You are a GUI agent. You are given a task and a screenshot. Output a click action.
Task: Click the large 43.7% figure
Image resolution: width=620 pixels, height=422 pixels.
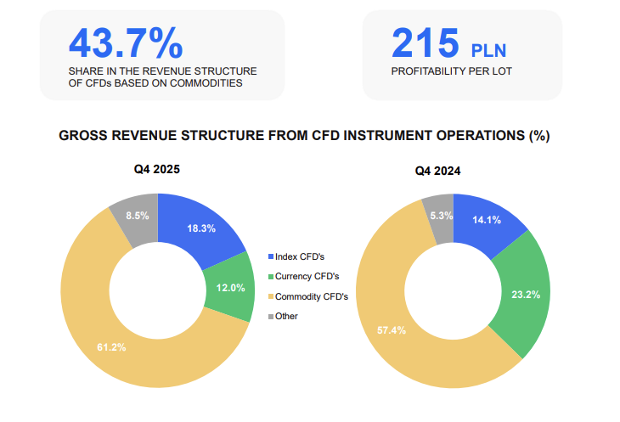[x=126, y=43]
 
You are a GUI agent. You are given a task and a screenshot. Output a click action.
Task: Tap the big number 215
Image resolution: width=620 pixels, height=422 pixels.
[x=425, y=42]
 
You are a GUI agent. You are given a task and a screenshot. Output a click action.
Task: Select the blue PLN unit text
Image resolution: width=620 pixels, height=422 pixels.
[x=488, y=51]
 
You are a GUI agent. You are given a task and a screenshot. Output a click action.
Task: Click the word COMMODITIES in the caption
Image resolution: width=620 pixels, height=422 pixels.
[x=206, y=83]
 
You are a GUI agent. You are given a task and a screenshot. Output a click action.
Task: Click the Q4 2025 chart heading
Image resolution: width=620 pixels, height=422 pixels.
[x=157, y=169]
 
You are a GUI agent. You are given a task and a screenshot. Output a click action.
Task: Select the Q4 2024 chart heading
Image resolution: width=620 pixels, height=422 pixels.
[x=437, y=171]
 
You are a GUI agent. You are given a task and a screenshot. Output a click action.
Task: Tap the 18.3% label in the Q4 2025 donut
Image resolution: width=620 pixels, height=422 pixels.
[x=201, y=228]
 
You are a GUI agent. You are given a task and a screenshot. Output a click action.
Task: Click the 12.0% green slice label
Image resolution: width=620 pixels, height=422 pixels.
[x=230, y=288]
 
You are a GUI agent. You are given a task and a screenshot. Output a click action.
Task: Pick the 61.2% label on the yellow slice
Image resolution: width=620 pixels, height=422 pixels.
[x=111, y=347]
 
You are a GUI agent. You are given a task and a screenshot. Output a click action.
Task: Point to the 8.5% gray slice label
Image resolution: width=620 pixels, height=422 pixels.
[x=138, y=216]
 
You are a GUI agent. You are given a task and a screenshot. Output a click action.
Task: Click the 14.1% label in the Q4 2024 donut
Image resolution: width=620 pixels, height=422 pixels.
[x=487, y=220]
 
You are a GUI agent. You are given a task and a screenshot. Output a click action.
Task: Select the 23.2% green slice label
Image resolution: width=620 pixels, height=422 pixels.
[x=526, y=295]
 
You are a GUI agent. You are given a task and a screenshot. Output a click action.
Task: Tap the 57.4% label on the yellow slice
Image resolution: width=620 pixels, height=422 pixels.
[x=392, y=330]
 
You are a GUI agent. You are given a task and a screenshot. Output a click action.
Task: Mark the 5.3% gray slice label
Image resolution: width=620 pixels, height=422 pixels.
[x=442, y=216]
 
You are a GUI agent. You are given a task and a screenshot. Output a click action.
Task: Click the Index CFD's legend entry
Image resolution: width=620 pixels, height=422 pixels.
[x=296, y=256]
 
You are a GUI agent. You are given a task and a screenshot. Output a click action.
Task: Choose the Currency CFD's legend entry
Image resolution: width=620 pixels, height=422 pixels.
[x=304, y=276]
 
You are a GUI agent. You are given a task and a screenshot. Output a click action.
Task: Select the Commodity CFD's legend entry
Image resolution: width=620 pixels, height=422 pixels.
[x=308, y=296]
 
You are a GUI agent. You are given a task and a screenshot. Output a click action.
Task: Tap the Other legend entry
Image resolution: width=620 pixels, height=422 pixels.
[x=283, y=316]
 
